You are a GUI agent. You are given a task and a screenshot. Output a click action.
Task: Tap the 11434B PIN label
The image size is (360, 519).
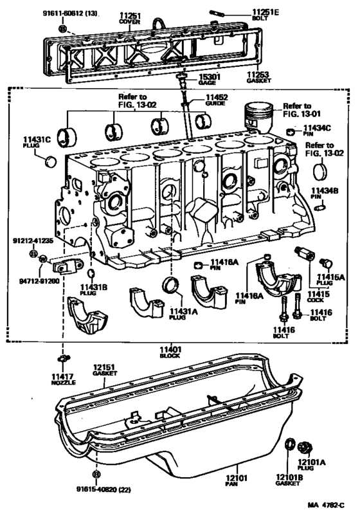click(x=324, y=193)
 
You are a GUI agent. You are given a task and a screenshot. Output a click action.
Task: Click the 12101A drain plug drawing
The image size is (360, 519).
click(x=306, y=444)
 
